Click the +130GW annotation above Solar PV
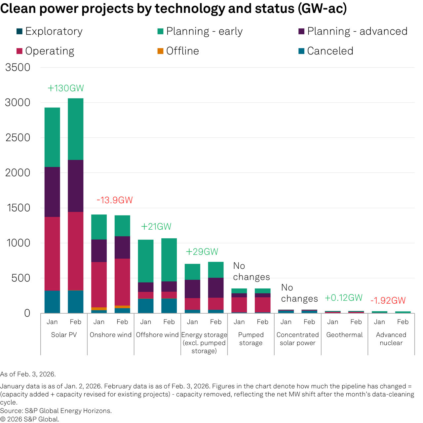(66, 88)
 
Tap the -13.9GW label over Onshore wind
(114, 200)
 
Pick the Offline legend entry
(178, 51)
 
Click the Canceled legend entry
(326, 51)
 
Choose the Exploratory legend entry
(50, 31)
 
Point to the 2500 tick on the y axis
(18, 137)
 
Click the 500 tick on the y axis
(21, 278)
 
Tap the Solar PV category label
(64, 335)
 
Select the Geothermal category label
(344, 335)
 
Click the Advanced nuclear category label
(391, 339)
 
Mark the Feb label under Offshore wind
(169, 322)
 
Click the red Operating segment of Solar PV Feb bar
(76, 251)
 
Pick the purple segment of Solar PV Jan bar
(52, 192)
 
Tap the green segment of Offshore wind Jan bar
(146, 261)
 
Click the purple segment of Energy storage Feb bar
(216, 288)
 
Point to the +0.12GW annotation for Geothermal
(344, 298)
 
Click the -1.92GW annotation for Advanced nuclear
(388, 300)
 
